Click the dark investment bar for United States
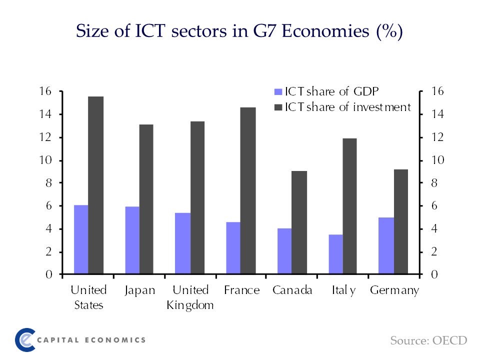click(95, 185)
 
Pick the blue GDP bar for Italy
click(335, 254)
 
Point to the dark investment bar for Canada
click(299, 223)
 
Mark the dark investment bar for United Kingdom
click(197, 198)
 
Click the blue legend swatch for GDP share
click(278, 92)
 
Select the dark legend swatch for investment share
click(278, 107)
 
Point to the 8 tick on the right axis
click(432, 183)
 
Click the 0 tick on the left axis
click(48, 274)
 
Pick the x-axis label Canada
click(292, 290)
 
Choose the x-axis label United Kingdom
click(190, 298)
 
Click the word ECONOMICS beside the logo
click(115, 340)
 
